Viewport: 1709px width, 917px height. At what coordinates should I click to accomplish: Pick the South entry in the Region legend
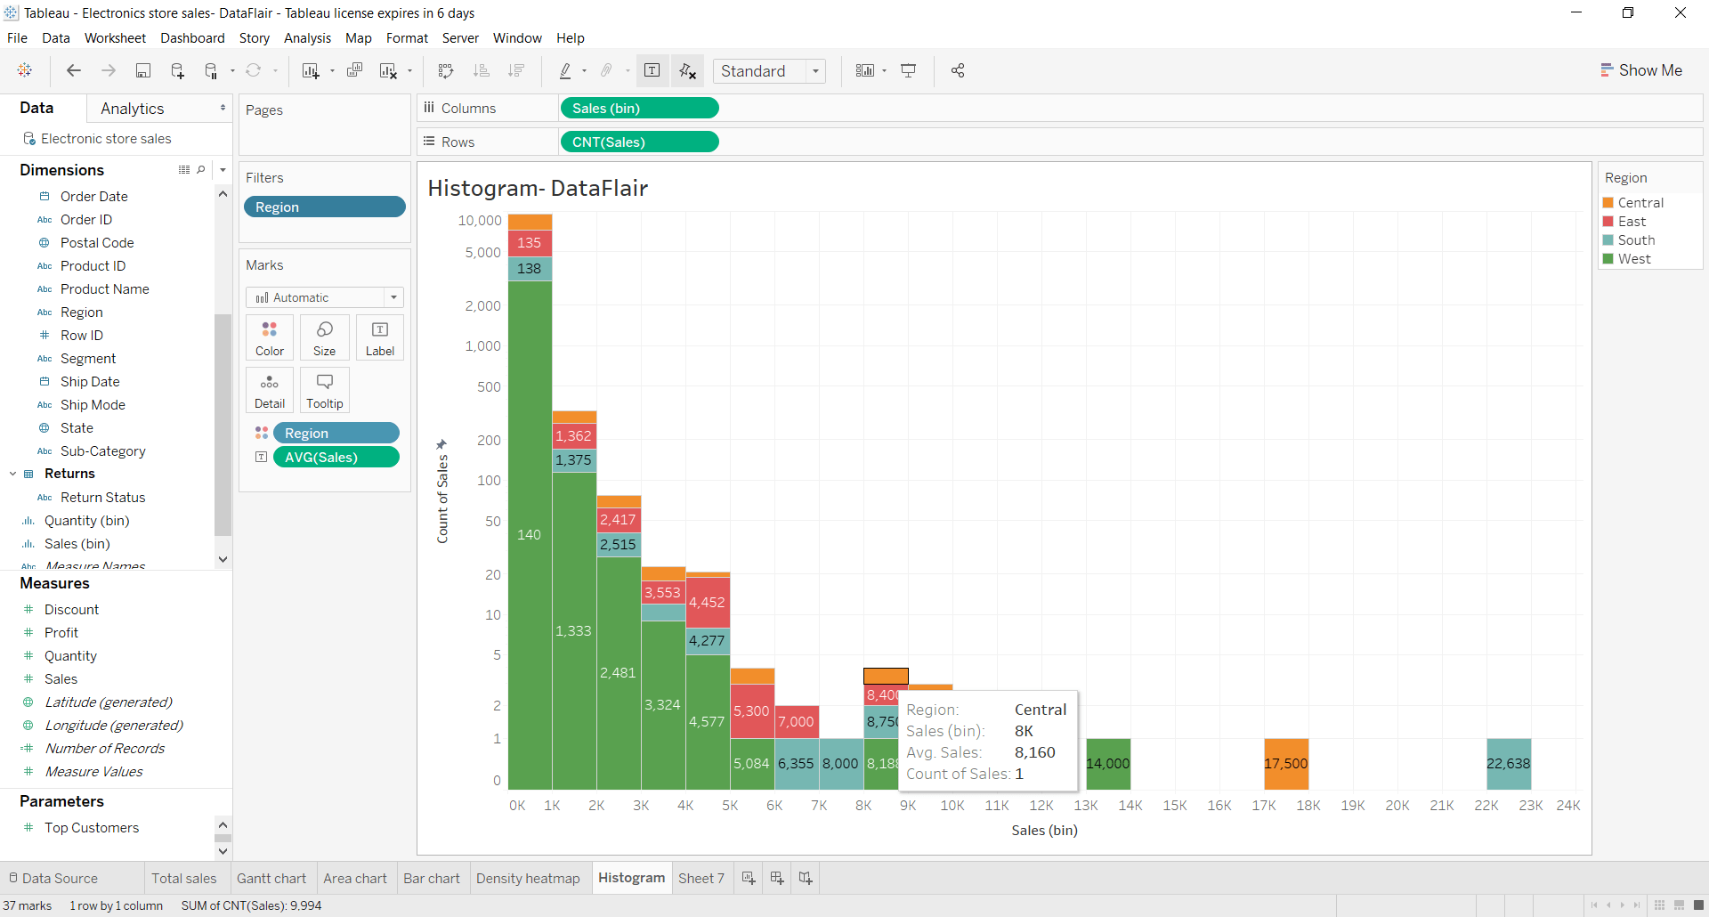coord(1635,240)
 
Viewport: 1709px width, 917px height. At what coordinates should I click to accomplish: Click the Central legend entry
coord(1640,203)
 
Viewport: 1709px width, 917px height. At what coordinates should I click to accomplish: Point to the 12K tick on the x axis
coord(1041,806)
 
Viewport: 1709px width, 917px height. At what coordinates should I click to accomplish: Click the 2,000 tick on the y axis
coord(482,306)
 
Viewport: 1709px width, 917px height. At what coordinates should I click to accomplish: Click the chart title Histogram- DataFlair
coord(538,189)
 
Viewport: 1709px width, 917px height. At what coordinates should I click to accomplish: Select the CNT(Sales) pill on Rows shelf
coord(638,142)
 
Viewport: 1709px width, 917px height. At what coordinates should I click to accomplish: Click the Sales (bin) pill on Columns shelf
coord(638,109)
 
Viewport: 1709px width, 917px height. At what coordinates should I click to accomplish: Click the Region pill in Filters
coord(324,207)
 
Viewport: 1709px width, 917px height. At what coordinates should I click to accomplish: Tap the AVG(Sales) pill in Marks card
coord(336,458)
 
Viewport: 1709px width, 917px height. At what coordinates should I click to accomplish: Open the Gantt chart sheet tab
coord(271,879)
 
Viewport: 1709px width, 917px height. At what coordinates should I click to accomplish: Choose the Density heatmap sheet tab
coord(527,879)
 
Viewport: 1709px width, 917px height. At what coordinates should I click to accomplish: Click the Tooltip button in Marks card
coord(324,391)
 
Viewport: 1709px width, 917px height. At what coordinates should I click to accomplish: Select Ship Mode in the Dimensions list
coord(93,405)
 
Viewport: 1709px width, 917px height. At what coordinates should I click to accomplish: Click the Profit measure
coord(61,633)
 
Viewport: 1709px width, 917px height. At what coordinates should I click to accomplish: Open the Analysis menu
coord(307,38)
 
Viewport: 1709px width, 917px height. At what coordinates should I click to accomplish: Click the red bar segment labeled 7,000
coord(797,722)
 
